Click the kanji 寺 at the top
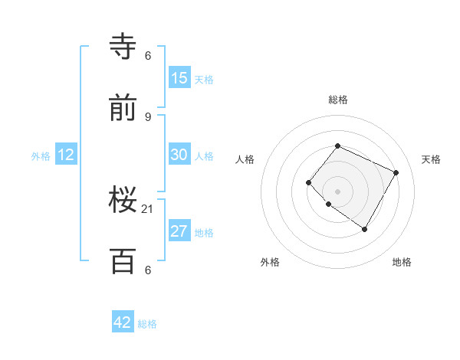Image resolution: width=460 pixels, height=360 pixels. (x=123, y=46)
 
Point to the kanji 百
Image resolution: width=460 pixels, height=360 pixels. (x=123, y=261)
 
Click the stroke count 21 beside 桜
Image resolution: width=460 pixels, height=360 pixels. (x=148, y=208)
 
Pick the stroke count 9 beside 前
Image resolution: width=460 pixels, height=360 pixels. (x=148, y=116)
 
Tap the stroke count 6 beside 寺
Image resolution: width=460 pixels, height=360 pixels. (x=148, y=55)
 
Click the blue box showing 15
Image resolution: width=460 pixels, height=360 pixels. (x=179, y=78)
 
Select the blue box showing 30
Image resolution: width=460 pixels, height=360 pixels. (x=179, y=155)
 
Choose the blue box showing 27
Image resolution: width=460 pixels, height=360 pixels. (x=179, y=231)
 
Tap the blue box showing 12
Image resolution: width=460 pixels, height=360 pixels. (x=66, y=155)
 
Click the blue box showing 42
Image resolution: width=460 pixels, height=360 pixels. (x=123, y=322)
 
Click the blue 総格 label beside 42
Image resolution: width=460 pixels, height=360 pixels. (x=148, y=324)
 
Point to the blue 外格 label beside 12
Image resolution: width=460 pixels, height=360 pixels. (x=41, y=156)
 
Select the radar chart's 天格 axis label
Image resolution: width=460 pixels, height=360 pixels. (x=431, y=159)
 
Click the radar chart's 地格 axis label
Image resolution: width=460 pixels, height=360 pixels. (x=402, y=262)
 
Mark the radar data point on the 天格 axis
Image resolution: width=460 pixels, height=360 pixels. (x=396, y=172)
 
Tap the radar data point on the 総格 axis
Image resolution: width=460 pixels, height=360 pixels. (x=337, y=146)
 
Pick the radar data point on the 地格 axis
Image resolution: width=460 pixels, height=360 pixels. (x=364, y=229)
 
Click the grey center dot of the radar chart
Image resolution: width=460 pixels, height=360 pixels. (x=337, y=191)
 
